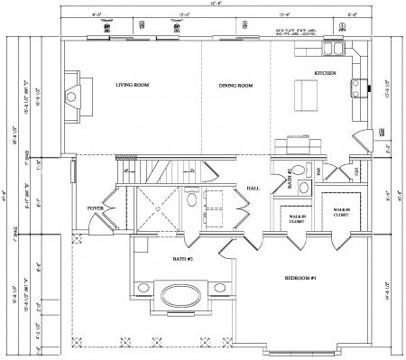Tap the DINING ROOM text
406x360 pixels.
(x=235, y=86)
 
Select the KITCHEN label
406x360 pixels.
(x=325, y=73)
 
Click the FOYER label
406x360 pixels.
(x=95, y=208)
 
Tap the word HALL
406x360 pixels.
(x=254, y=187)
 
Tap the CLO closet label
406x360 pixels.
(x=356, y=171)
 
